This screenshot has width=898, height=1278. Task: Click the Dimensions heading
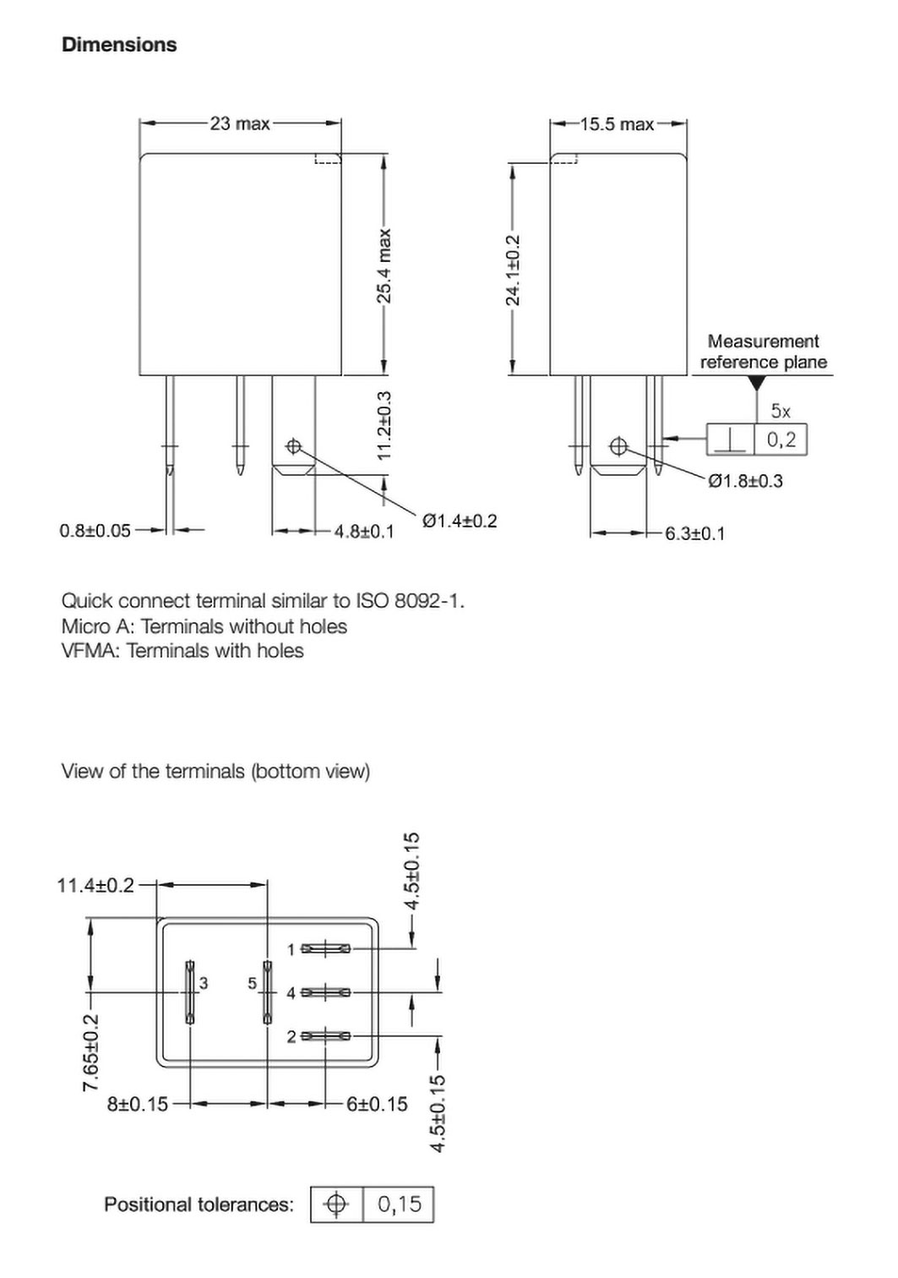[x=119, y=45]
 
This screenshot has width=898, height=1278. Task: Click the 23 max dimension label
[x=240, y=123]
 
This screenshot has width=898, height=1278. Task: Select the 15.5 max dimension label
[x=617, y=124]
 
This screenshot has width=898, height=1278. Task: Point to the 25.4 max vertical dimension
[x=384, y=265]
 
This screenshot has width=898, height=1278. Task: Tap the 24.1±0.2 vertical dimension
[x=513, y=270]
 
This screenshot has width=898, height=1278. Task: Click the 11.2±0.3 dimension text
[x=384, y=425]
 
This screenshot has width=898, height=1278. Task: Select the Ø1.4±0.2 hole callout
[x=460, y=521]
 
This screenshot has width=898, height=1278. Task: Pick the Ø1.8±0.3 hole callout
[x=745, y=481]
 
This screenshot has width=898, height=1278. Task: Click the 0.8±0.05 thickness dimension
[x=95, y=531]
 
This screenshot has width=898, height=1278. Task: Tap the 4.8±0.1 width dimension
[x=363, y=532]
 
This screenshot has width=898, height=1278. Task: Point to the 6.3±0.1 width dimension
[x=694, y=533]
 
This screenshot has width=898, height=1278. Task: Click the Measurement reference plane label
[x=763, y=352]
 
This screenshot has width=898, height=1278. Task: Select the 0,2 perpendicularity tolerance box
[x=781, y=440]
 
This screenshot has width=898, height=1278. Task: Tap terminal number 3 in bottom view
[x=204, y=983]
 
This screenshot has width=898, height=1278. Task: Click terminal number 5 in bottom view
[x=252, y=983]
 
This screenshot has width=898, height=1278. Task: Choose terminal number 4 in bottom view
[x=291, y=993]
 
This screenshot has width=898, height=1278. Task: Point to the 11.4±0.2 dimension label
[x=95, y=885]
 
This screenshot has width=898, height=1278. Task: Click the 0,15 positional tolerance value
[x=399, y=1204]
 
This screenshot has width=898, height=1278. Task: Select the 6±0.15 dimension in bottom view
[x=377, y=1104]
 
